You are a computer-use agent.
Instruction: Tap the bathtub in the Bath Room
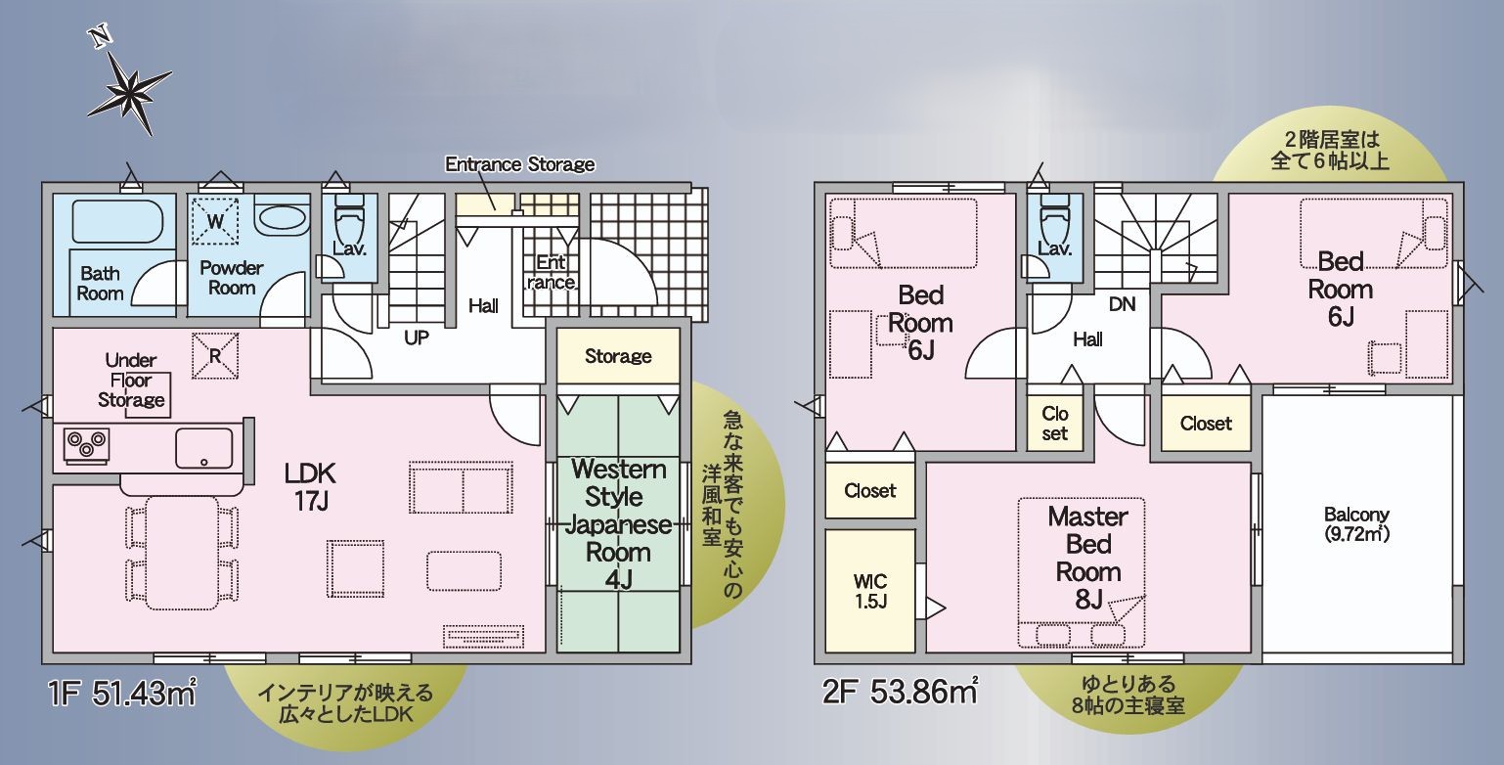(x=116, y=221)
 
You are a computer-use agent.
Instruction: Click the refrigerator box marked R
(x=215, y=356)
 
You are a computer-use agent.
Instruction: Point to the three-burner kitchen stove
(x=86, y=445)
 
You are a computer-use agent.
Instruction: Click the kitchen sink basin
(x=204, y=448)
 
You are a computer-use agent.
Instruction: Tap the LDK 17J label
(x=310, y=487)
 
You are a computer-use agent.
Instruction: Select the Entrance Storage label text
(x=519, y=164)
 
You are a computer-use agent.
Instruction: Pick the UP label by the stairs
(x=417, y=337)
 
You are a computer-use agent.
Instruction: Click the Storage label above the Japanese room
(x=618, y=356)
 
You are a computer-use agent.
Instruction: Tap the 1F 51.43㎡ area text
(x=122, y=693)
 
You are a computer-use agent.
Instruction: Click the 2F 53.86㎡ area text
(x=901, y=691)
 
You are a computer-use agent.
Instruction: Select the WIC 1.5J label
(x=871, y=591)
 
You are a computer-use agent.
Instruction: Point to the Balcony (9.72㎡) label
(x=1356, y=524)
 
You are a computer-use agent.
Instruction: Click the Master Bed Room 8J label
(x=1088, y=558)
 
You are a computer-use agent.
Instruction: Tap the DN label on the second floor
(x=1122, y=304)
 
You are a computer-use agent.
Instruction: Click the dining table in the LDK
(x=182, y=553)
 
